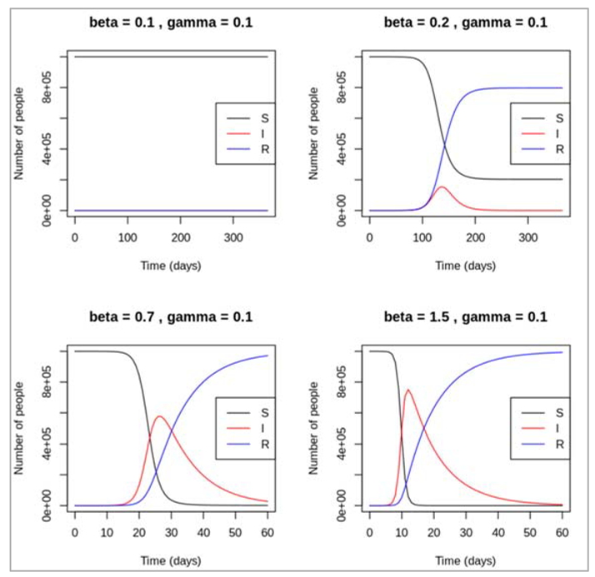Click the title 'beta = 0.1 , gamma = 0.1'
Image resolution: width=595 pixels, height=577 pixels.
[171, 22]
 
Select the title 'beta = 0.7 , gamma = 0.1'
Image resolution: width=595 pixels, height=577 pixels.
[171, 317]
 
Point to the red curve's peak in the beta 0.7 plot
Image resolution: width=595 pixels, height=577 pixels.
[158, 416]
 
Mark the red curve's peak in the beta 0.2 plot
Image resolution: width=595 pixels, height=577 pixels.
[442, 187]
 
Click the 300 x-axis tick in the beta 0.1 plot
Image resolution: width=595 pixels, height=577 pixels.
[233, 237]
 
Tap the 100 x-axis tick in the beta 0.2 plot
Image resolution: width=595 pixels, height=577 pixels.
[422, 237]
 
